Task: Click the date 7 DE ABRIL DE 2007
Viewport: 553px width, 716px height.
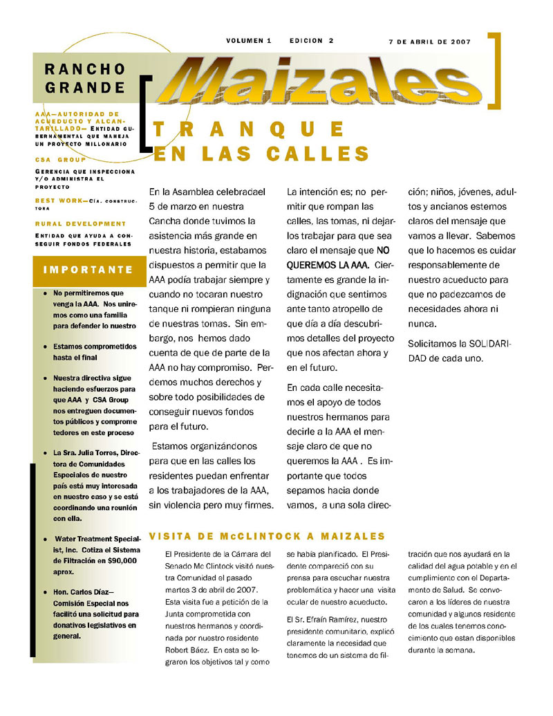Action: click(429, 42)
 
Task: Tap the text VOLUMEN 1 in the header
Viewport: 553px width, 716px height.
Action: click(249, 41)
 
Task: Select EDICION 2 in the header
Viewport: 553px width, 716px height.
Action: click(312, 41)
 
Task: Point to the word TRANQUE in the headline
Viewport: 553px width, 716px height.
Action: click(250, 129)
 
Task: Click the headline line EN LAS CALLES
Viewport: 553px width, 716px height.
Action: click(261, 153)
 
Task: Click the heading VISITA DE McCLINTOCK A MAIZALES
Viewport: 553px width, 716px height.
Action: click(267, 536)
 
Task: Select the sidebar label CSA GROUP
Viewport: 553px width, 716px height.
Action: click(61, 159)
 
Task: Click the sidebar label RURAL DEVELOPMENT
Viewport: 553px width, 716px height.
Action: click(81, 223)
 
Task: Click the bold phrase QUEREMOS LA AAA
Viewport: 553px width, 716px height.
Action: click(328, 265)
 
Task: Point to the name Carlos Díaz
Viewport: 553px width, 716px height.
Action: click(87, 592)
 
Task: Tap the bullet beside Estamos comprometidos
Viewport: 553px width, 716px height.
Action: click(45, 346)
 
